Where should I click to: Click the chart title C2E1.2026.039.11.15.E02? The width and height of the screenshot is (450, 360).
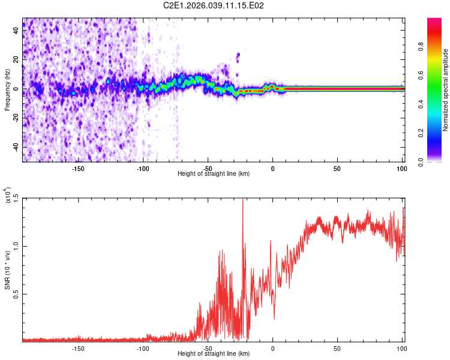click(x=214, y=6)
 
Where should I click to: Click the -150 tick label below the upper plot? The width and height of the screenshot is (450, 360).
click(x=78, y=169)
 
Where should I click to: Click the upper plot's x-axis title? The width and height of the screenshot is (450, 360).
click(x=214, y=174)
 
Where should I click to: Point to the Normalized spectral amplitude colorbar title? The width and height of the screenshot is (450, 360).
click(x=445, y=90)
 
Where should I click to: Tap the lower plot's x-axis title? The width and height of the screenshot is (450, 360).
click(x=214, y=354)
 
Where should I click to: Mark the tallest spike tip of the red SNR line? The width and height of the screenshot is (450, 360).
click(x=242, y=199)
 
